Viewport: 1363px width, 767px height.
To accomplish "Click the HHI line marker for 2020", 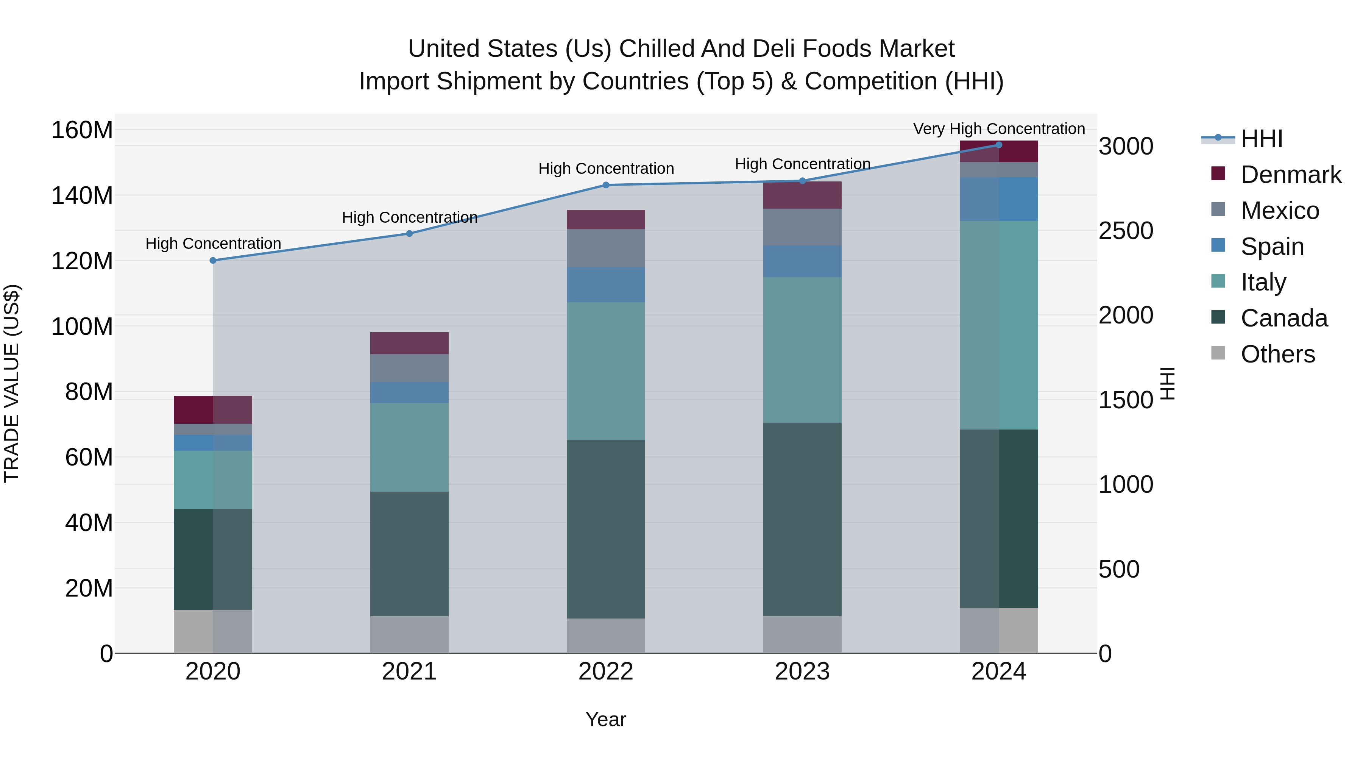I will tap(213, 261).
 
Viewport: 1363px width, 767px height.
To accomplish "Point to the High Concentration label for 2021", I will tap(410, 217).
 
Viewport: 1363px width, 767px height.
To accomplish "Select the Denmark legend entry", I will tap(1291, 175).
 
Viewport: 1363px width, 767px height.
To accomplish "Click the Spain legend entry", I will tap(1272, 247).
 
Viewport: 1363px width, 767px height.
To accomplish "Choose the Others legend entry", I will tap(1277, 354).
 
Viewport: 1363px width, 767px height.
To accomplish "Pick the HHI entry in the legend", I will tap(1262, 139).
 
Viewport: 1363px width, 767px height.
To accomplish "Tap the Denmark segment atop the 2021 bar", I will tap(410, 343).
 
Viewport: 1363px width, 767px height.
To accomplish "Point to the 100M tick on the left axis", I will tap(82, 326).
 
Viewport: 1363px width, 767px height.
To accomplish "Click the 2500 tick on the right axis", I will tap(1126, 231).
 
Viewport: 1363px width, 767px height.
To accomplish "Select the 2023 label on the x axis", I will tap(802, 672).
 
